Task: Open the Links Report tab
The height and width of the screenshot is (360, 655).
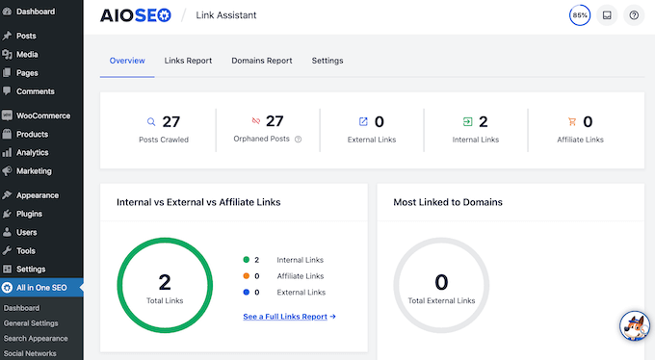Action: [187, 61]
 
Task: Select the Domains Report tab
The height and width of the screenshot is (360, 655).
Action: [261, 61]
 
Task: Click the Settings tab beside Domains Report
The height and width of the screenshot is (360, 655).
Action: [327, 61]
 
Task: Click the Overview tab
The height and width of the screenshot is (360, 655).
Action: [126, 61]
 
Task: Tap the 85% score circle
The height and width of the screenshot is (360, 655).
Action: [580, 15]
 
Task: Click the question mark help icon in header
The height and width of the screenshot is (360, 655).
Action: [633, 15]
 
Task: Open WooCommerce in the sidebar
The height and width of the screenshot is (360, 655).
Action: [44, 116]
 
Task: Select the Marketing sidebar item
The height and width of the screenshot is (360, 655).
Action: [34, 171]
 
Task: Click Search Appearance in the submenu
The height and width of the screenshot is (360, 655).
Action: [35, 338]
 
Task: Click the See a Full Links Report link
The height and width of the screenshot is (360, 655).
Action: [289, 316]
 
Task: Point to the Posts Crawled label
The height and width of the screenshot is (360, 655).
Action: [163, 140]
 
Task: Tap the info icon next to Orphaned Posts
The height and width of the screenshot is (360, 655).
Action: [298, 140]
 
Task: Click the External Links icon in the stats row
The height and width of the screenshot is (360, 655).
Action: [363, 122]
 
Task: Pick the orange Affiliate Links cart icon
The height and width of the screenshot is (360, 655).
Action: [572, 122]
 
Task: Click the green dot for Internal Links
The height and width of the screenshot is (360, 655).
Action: [247, 260]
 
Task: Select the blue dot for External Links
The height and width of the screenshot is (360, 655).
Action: [247, 292]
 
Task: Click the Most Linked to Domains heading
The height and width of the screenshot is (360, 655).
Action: [448, 202]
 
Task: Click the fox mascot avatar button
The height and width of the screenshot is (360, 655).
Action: [634, 327]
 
